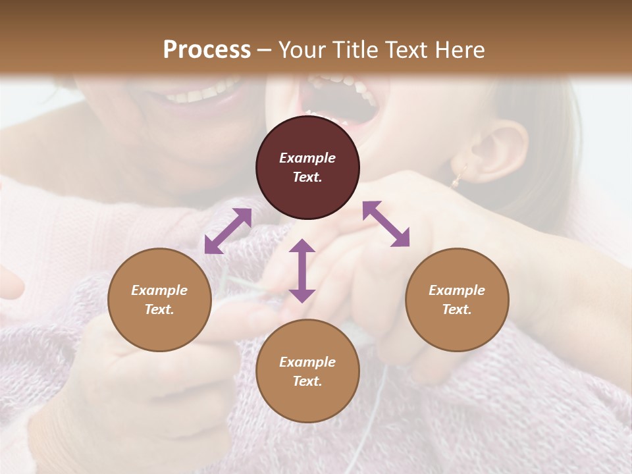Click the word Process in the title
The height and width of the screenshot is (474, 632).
click(207, 50)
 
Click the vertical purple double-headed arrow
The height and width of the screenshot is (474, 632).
click(302, 271)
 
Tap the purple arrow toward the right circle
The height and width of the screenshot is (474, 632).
click(386, 224)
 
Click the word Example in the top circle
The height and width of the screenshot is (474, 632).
click(307, 158)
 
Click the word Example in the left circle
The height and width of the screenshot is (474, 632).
click(159, 290)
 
